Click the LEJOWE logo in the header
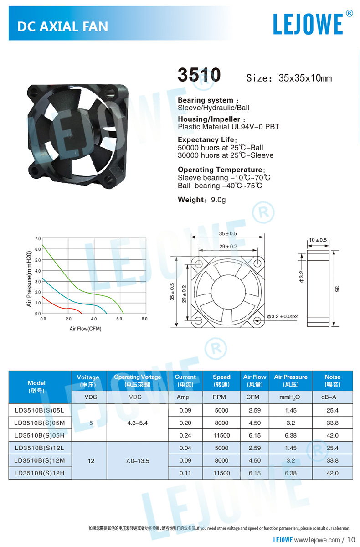coord(308,24)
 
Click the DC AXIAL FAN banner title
coord(62,26)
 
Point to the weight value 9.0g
coord(217,200)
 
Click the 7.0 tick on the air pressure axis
coord(37,238)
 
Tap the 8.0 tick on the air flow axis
coord(144,319)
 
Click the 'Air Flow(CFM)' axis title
coord(85,328)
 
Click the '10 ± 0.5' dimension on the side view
coord(318,240)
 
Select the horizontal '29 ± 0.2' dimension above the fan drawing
coord(228,246)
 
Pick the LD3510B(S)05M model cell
coord(40,423)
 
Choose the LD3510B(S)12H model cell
coord(40,473)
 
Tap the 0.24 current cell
coord(185,435)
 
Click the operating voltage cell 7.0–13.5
coord(137,461)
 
